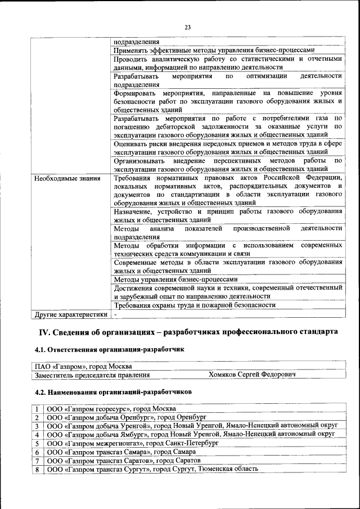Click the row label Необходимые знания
coord(67,178)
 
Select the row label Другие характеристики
coord(70,314)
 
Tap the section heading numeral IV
coord(43,332)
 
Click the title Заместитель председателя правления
coord(92,375)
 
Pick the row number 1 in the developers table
coord(37,408)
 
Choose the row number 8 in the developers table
coord(37,469)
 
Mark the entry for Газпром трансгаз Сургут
coord(152,469)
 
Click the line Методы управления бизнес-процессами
coord(175,279)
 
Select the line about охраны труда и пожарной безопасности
coord(194,305)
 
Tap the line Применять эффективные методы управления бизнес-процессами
coord(217,49)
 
